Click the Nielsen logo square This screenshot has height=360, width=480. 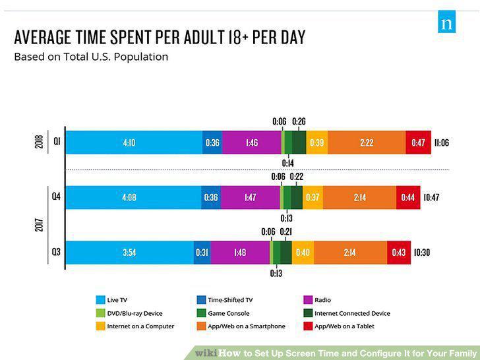(446, 22)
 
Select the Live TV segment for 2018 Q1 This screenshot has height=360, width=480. (134, 142)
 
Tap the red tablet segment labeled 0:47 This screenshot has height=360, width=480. (418, 142)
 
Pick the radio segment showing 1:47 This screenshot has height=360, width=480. (250, 197)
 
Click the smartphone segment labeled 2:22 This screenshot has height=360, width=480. (367, 142)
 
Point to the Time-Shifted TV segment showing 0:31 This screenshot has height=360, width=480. (202, 253)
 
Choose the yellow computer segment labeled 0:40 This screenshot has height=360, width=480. (303, 253)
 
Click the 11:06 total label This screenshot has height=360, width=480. (442, 142)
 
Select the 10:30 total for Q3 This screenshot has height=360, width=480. (422, 253)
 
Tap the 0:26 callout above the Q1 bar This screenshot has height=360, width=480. (299, 121)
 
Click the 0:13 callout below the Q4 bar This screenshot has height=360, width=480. (287, 218)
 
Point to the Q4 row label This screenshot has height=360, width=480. (56, 196)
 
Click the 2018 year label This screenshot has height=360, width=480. (39, 142)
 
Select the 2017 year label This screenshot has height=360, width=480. (39, 224)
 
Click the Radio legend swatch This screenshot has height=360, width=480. (308, 300)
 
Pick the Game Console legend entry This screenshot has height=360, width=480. (223, 313)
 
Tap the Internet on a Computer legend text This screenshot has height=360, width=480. (140, 326)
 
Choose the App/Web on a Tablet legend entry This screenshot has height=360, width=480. (339, 326)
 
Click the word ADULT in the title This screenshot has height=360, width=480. (204, 38)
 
